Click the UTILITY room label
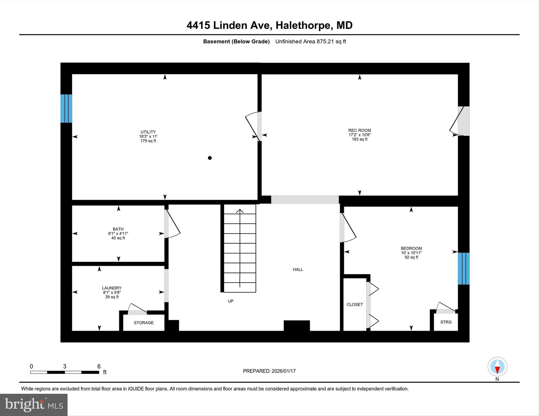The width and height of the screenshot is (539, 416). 148,132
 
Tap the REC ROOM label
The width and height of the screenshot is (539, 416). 359,130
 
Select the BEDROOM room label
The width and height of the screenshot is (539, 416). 411,248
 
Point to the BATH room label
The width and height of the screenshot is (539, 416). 118,229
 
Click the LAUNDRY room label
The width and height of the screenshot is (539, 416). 112,288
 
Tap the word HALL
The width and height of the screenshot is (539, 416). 298,269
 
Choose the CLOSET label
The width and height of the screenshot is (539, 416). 355,305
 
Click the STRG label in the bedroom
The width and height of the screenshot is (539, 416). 446,322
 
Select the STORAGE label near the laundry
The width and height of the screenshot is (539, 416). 144,323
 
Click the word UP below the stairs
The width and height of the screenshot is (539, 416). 231,301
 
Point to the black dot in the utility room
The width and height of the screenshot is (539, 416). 210,158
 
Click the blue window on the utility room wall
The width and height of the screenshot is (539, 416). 66,108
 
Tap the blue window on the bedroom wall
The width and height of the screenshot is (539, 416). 464,268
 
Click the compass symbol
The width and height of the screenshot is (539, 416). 497,367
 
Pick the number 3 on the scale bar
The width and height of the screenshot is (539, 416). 65,366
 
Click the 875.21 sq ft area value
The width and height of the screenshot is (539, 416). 331,41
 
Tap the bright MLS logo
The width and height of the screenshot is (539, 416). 34,405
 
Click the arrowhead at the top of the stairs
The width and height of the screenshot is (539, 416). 240,211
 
